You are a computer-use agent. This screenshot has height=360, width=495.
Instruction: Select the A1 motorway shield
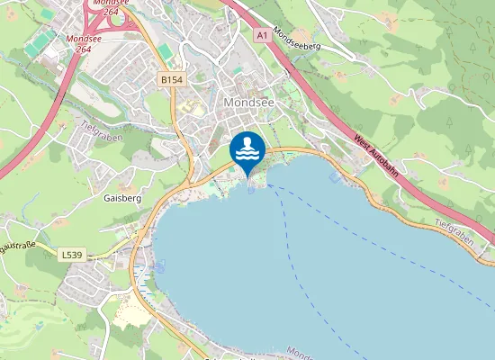click(x=261, y=34)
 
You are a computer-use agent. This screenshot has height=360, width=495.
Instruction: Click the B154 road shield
click(x=171, y=80)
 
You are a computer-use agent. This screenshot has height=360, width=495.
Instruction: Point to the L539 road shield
click(x=73, y=256)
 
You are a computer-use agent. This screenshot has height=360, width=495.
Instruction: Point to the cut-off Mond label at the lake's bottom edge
click(x=299, y=353)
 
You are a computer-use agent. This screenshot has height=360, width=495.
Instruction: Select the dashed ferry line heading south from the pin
click(x=297, y=261)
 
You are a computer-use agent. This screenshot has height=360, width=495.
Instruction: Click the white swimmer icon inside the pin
click(x=247, y=148)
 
